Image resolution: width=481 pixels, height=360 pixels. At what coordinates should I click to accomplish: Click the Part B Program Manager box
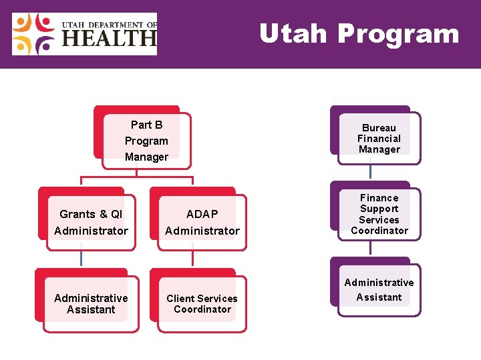[146, 141]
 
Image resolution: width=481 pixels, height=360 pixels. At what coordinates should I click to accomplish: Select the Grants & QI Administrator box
[91, 222]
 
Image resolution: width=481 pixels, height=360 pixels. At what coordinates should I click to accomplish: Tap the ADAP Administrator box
[202, 222]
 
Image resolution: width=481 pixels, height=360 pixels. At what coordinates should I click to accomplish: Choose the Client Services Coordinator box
[202, 304]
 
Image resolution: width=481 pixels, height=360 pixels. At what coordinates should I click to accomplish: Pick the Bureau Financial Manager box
[379, 139]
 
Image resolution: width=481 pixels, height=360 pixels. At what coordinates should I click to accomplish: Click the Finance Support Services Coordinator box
[379, 214]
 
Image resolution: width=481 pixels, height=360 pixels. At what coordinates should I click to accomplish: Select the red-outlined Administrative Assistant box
[91, 304]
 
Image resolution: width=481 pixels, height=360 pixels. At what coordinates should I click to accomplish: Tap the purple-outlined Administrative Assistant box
[379, 290]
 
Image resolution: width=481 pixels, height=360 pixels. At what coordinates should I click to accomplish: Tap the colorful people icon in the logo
[34, 34]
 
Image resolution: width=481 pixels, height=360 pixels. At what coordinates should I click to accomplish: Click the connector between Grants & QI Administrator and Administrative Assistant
[82, 258]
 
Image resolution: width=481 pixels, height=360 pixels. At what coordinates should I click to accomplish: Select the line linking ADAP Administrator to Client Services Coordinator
[192, 258]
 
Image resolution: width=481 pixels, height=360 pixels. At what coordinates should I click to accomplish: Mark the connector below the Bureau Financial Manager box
[370, 172]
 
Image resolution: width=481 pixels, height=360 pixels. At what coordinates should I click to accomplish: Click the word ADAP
[202, 214]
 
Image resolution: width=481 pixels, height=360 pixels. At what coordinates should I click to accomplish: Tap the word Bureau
[379, 128]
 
